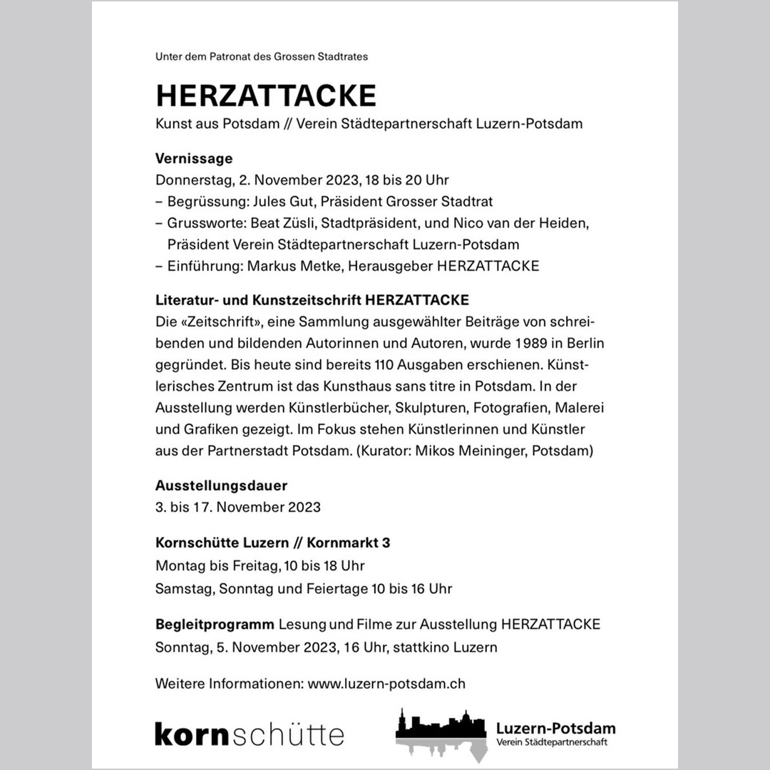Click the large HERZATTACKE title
point(265,95)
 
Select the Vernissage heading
point(194,158)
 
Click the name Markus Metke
point(284,266)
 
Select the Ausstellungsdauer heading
point(221,486)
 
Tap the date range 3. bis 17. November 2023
point(238,507)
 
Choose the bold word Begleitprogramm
point(215,625)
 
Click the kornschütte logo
point(250,734)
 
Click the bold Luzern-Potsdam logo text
point(555,729)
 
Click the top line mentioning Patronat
point(262,56)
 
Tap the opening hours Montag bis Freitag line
point(260,566)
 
